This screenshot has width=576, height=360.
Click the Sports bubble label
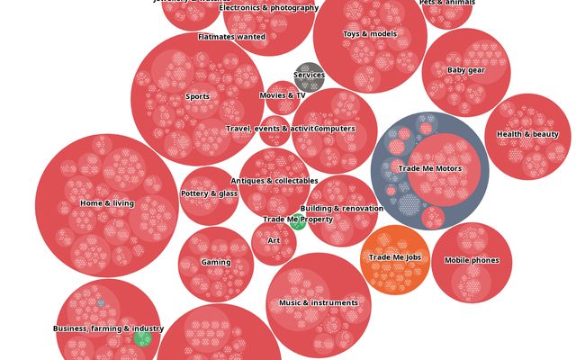tap(197, 96)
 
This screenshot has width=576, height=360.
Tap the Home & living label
tap(107, 203)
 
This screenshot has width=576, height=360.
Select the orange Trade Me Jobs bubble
tap(395, 258)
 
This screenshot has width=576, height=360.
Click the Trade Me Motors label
tap(429, 168)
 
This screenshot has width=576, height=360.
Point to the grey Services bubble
tap(309, 76)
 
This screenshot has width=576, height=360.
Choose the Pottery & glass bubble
tap(209, 194)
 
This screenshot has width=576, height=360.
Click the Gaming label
tap(216, 263)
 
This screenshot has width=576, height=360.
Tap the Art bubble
tap(274, 241)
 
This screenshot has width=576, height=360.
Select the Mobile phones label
tap(472, 261)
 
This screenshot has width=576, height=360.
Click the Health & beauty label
tap(527, 135)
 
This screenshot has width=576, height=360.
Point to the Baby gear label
tap(466, 70)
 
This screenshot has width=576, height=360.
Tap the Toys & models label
tap(370, 34)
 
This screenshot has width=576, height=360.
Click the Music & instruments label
tap(319, 303)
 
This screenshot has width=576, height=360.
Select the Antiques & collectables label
tap(274, 181)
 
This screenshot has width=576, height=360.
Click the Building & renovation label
tap(341, 209)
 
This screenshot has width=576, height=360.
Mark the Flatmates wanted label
tap(232, 38)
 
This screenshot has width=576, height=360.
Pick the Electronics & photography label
tap(269, 8)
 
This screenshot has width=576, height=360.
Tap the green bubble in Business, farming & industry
tap(142, 338)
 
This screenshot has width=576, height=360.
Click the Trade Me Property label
tap(298, 220)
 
